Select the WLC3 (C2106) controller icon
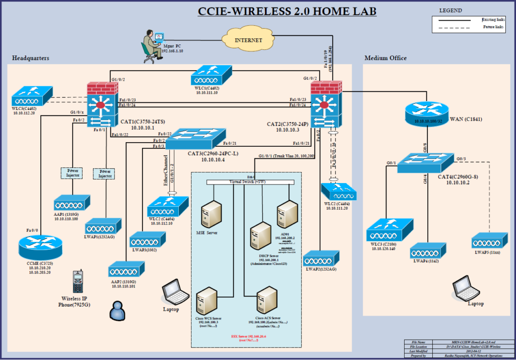(x=385, y=230)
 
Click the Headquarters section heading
(x=31, y=58)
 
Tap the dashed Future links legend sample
(x=458, y=27)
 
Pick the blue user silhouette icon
(x=117, y=310)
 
